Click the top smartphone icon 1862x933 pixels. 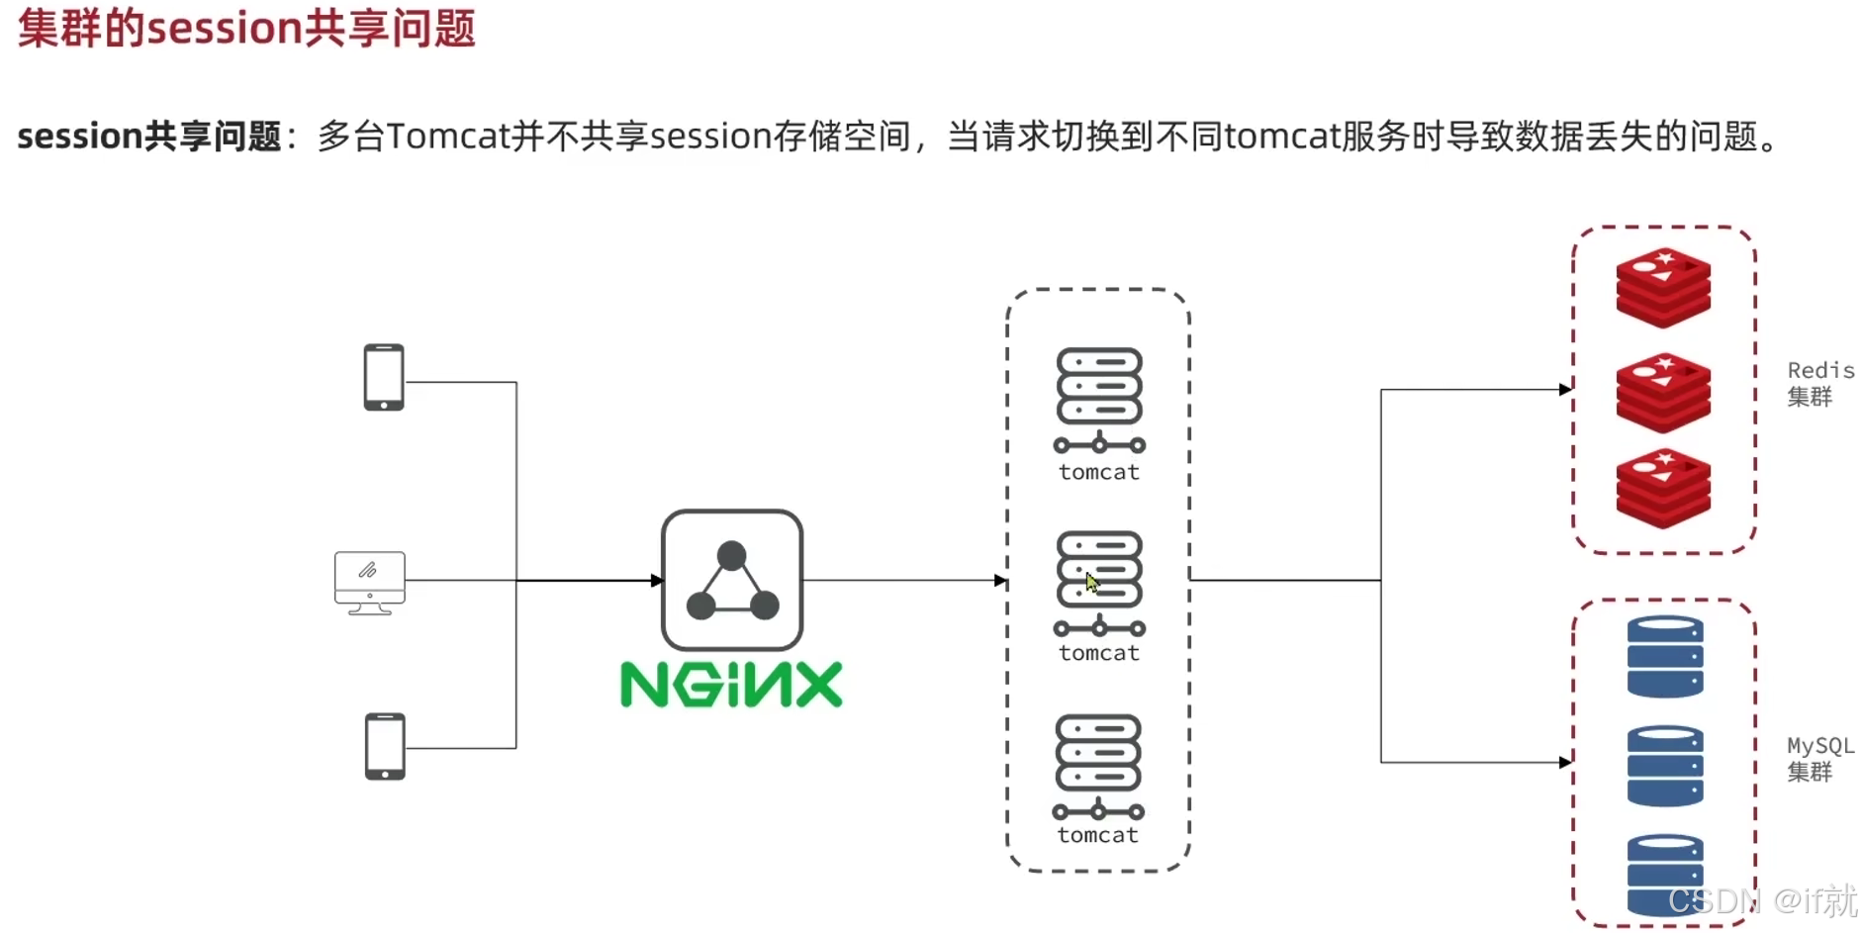click(384, 377)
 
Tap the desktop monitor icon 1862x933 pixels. click(370, 583)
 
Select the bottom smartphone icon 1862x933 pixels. click(385, 746)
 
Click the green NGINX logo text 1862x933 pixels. click(731, 685)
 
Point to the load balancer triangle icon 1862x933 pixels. click(732, 581)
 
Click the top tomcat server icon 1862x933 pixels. click(1099, 400)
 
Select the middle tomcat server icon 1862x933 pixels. click(1099, 584)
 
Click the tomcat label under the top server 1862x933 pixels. click(1099, 473)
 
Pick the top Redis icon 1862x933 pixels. click(1663, 287)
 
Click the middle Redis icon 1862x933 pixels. click(1663, 393)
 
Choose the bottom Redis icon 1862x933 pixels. click(1663, 489)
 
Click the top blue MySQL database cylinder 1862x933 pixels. click(1665, 657)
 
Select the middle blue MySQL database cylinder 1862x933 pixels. click(1665, 766)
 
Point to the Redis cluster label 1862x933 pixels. click(1819, 383)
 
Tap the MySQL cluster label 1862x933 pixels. click(1819, 758)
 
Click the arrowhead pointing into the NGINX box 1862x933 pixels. click(656, 581)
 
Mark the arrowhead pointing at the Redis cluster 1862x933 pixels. click(1565, 390)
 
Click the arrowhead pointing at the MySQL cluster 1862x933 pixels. click(1565, 762)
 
